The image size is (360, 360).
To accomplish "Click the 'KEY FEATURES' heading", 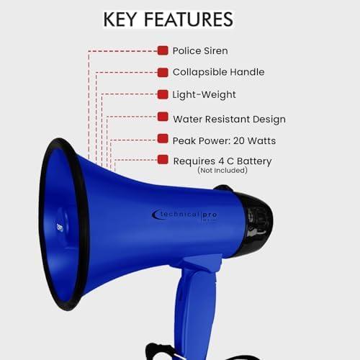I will coord(168,19).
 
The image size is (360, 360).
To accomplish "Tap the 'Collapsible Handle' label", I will coord(218,72).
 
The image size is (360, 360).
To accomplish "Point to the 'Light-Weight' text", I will coord(204,94).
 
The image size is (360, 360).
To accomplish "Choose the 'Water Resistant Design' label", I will coord(229,119).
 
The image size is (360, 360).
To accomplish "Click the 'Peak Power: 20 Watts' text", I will coord(224,140).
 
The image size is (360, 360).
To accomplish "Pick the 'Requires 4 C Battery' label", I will coord(222,161).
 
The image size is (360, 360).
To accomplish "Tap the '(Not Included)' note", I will coord(222,171).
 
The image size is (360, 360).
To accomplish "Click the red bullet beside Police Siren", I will coord(163,50).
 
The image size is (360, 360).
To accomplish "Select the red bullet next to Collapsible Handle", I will coord(163,72).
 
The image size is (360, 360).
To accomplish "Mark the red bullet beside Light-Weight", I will coord(163,94).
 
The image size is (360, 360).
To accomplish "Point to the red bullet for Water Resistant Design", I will coord(163,117).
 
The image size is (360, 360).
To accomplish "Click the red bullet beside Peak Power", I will coord(163,139).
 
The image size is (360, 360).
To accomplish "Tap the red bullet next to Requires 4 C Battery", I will coord(163,160).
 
